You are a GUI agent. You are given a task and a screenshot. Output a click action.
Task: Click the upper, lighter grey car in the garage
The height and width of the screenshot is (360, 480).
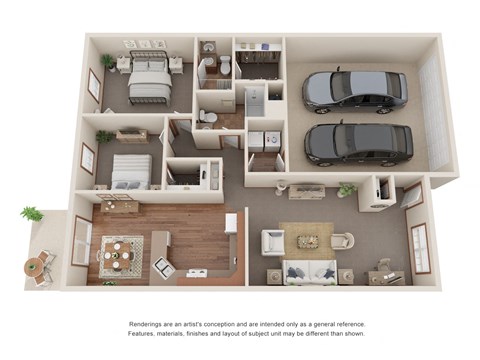click(355, 89)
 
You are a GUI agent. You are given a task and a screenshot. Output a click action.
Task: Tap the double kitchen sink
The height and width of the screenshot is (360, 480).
click(164, 266)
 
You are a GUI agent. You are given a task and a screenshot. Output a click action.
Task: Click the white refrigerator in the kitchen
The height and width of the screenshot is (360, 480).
click(231, 224)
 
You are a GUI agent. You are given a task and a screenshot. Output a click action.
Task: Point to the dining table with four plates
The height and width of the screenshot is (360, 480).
click(117, 256)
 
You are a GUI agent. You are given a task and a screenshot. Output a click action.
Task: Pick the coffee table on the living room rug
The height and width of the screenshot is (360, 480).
click(307, 241)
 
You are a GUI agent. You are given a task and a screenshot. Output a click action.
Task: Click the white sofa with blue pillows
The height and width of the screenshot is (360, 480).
click(310, 272)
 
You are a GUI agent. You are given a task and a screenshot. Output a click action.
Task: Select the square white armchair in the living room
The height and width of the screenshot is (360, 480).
click(273, 242)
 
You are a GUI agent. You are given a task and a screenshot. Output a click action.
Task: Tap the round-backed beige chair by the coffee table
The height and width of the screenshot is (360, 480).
click(342, 241)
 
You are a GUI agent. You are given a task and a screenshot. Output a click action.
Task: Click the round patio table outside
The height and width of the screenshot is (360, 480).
click(32, 267)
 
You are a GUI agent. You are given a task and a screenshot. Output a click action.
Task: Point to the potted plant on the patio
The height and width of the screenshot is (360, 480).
click(32, 214)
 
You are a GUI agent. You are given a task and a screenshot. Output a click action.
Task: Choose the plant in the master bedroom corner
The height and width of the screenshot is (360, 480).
click(108, 63)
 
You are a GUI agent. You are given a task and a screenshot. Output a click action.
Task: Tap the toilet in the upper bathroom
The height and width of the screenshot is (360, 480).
click(225, 64)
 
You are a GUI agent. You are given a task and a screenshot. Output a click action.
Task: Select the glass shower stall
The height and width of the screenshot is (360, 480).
click(254, 101)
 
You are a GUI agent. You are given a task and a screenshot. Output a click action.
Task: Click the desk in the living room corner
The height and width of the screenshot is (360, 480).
click(386, 278)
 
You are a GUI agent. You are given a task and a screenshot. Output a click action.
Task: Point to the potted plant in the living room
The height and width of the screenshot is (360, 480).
click(347, 190)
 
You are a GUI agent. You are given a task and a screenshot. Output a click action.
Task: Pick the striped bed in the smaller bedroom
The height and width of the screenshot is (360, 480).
click(132, 171)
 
